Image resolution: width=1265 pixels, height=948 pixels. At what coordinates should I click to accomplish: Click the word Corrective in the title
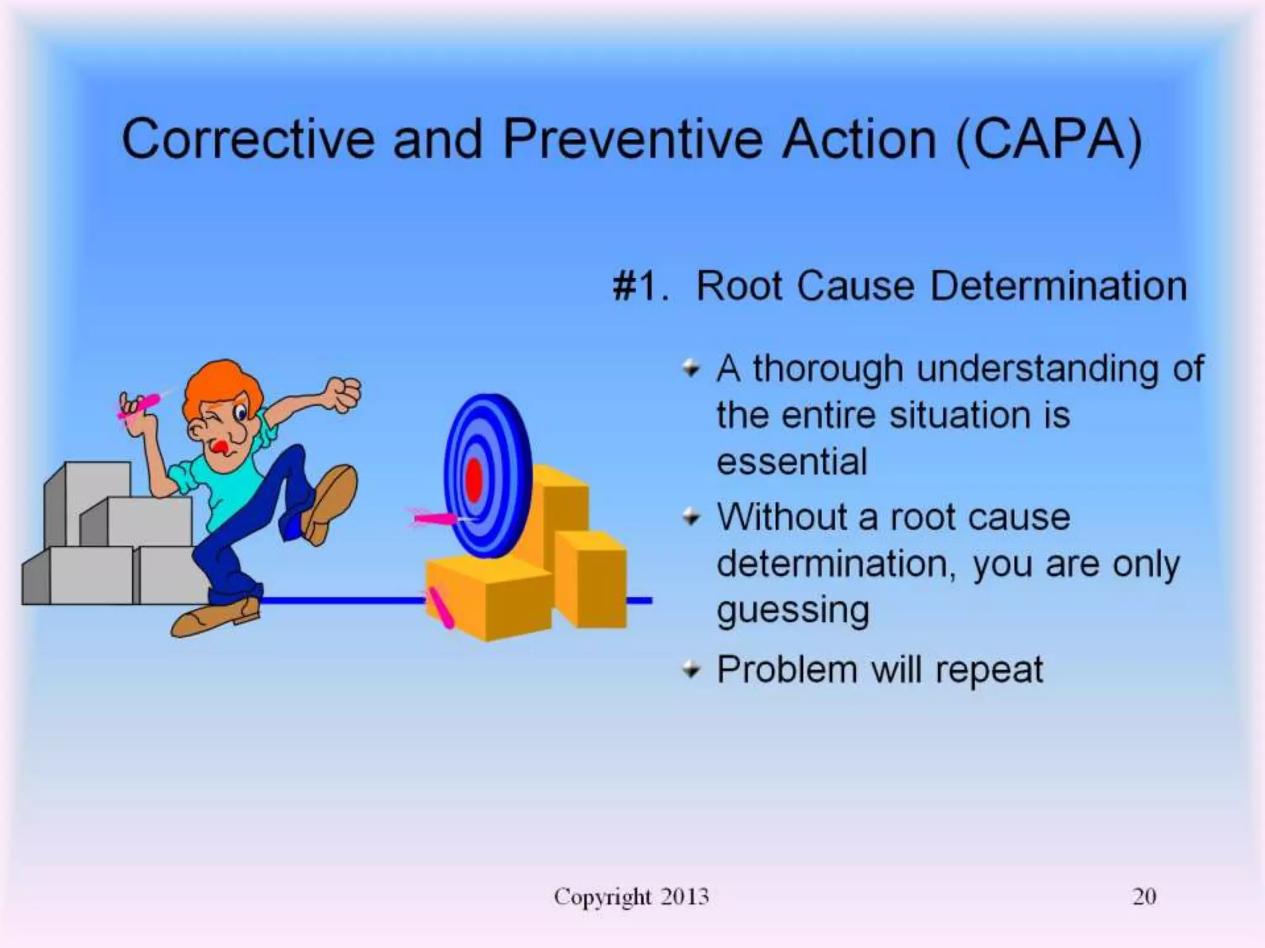pyautogui.click(x=247, y=139)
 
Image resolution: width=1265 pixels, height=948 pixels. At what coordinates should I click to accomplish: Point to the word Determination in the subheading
pyautogui.click(x=1059, y=286)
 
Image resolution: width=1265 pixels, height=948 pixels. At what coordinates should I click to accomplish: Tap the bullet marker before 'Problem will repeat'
pyautogui.click(x=691, y=669)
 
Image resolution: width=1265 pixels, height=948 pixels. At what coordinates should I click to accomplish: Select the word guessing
pyautogui.click(x=793, y=611)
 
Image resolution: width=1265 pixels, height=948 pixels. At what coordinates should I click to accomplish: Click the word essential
pyautogui.click(x=792, y=462)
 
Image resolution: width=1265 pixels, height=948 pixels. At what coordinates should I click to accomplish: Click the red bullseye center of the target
pyautogui.click(x=474, y=480)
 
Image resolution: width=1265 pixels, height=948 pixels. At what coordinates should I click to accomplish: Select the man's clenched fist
pyautogui.click(x=343, y=394)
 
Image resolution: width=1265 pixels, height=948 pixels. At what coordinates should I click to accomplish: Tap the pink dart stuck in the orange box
pyautogui.click(x=441, y=607)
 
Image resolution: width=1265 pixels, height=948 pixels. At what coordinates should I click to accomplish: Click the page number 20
pyautogui.click(x=1144, y=896)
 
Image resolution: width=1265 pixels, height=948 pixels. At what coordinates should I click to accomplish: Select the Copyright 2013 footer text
pyautogui.click(x=631, y=896)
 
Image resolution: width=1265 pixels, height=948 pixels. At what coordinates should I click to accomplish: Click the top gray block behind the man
pyautogui.click(x=93, y=488)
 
